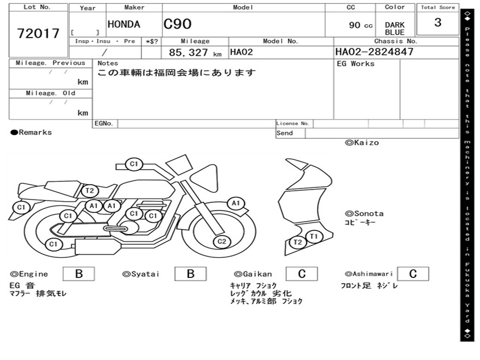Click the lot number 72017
coord(38,33)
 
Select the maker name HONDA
coord(124,24)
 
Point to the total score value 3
coord(438,22)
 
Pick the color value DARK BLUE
coord(395,29)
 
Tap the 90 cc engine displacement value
coord(360,25)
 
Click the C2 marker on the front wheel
coord(222,242)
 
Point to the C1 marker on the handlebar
coord(134,164)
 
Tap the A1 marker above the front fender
coord(236,203)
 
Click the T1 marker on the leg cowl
coord(314,236)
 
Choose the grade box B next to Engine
coord(79,274)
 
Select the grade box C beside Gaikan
coord(301,274)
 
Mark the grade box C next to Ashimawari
coord(412,274)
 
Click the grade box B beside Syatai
coord(190,274)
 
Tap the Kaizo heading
coord(362,142)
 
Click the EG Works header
coord(356,64)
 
